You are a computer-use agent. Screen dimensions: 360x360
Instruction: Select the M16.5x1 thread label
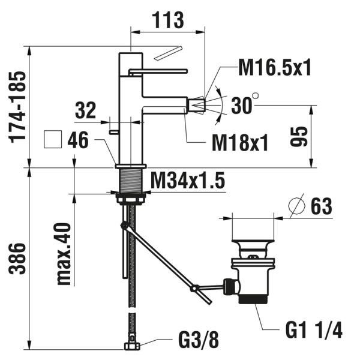(275, 68)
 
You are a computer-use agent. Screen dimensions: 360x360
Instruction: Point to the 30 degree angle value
(242, 106)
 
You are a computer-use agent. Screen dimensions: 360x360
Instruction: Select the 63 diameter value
(321, 207)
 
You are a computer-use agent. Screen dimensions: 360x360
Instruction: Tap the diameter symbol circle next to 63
(296, 207)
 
